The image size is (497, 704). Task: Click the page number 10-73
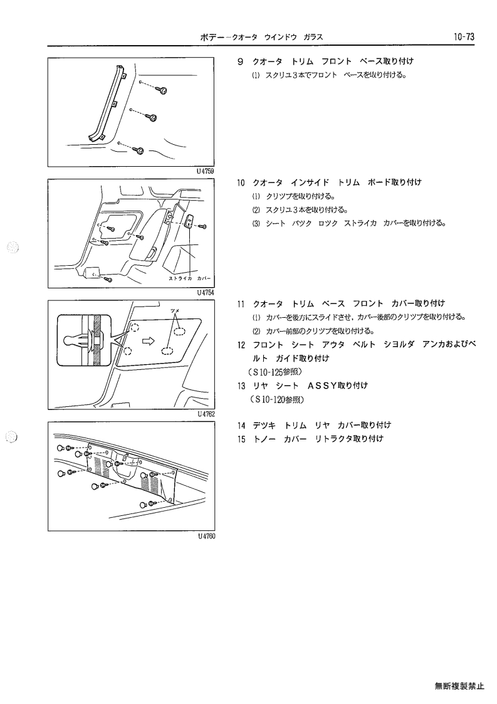(x=464, y=37)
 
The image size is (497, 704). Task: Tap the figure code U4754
(x=206, y=292)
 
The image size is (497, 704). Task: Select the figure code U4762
(x=206, y=414)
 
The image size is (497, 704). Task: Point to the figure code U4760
(x=206, y=535)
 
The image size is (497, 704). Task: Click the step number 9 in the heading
(x=240, y=61)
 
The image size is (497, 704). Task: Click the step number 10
(x=241, y=182)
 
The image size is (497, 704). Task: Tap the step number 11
(x=241, y=304)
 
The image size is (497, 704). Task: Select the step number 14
(x=241, y=425)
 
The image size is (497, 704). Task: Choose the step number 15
(x=241, y=439)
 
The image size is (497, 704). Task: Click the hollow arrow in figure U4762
(x=148, y=342)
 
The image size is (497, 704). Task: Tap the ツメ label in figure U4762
(x=175, y=311)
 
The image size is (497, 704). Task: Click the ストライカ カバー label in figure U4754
(x=189, y=278)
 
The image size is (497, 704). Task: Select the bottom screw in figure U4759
(x=140, y=150)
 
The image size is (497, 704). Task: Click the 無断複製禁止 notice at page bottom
(x=459, y=686)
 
